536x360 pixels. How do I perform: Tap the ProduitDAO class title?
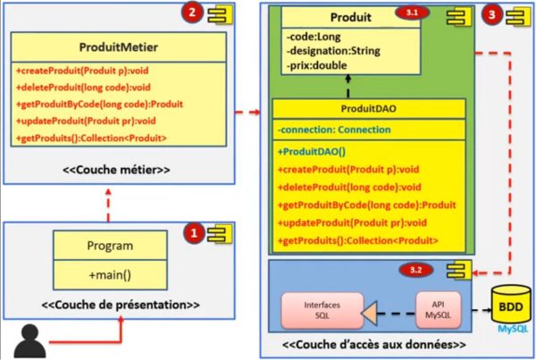(x=370, y=110)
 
